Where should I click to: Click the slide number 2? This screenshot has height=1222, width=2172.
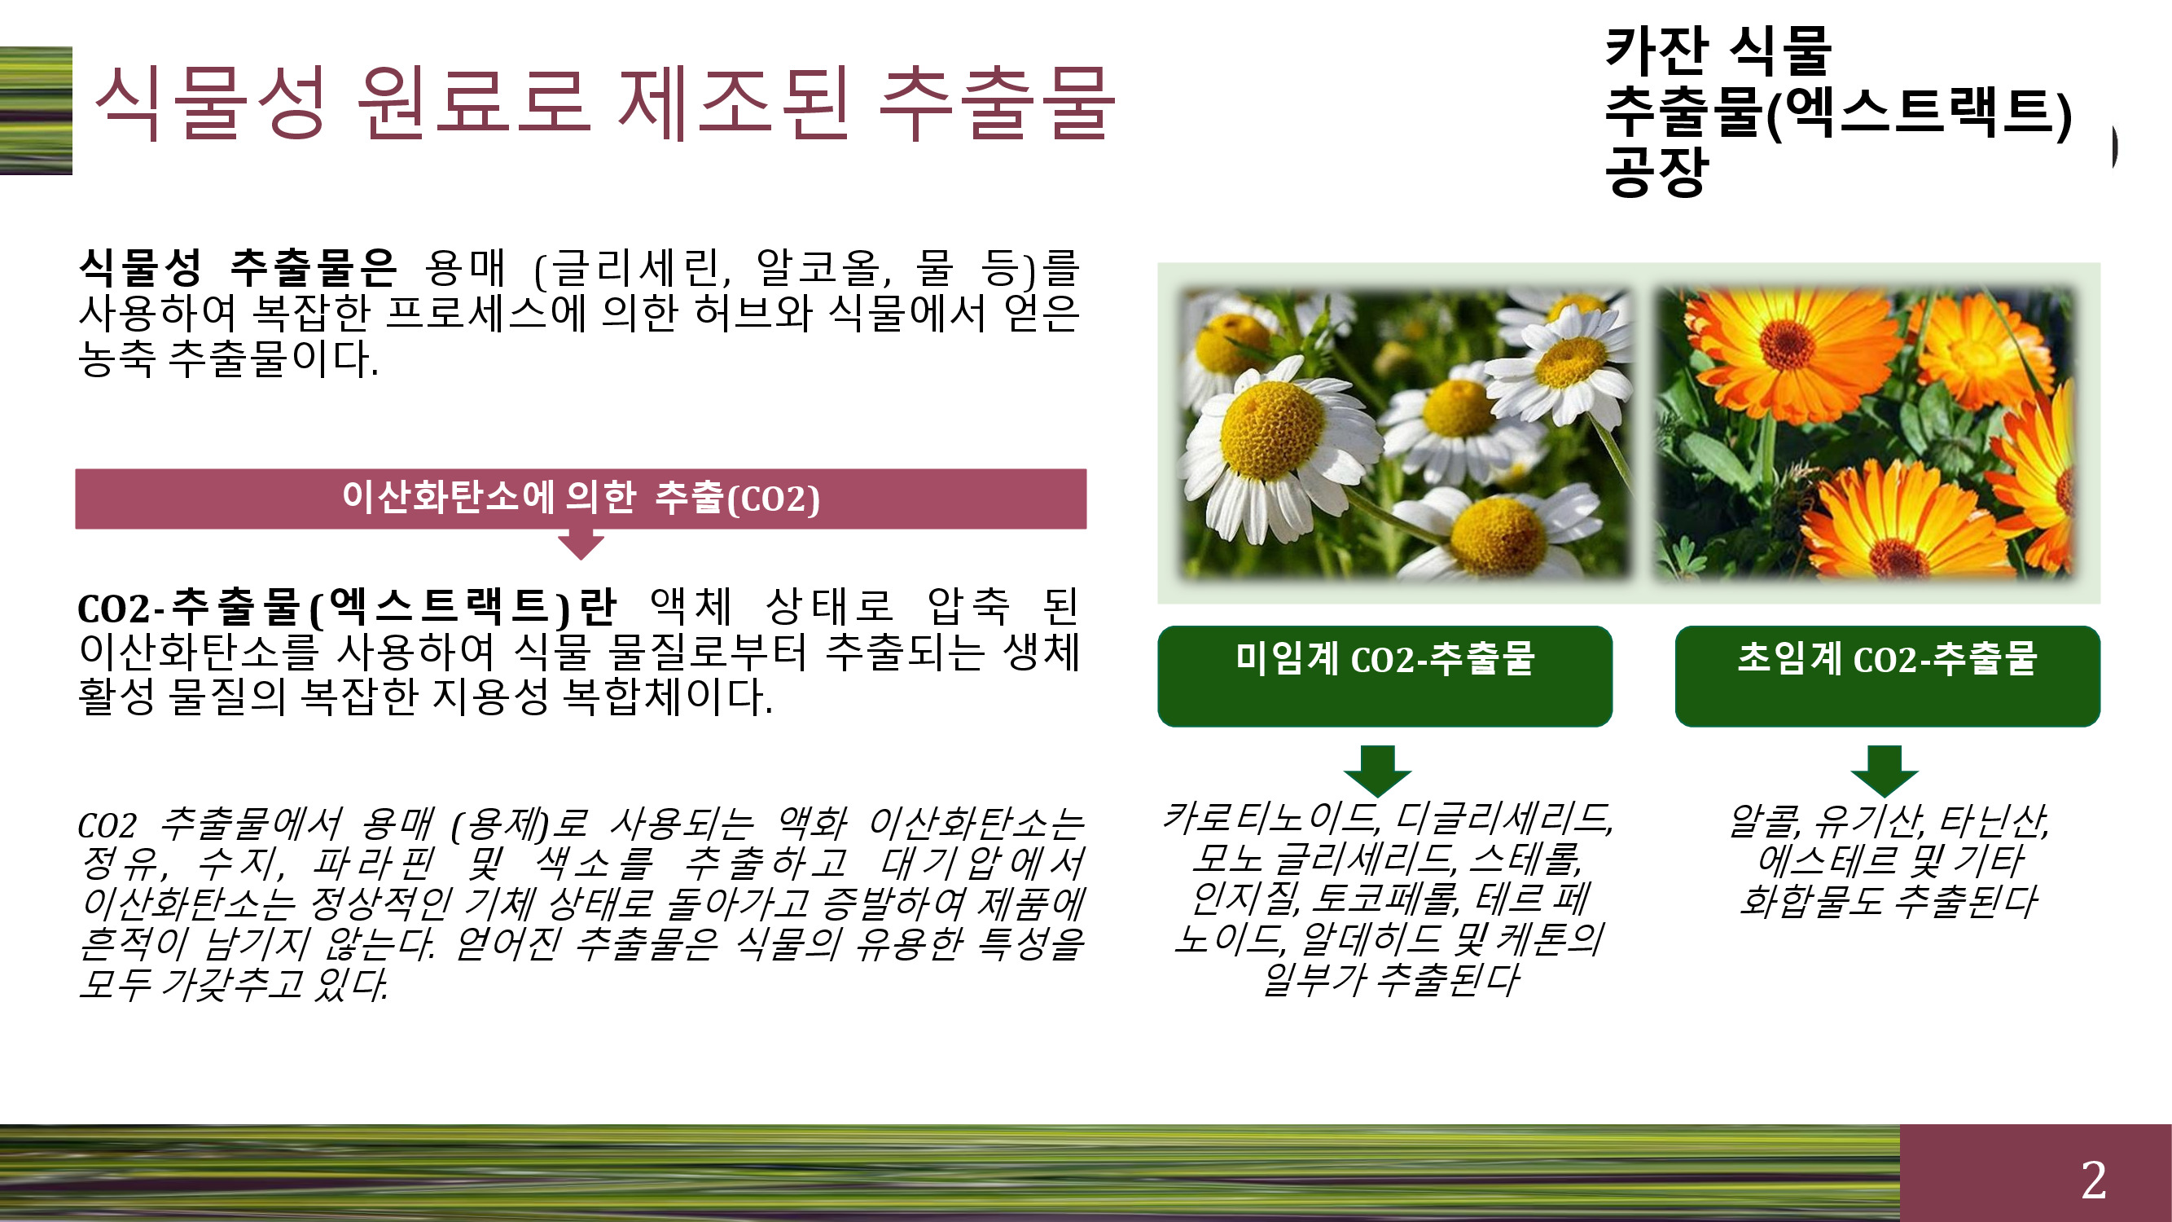click(x=2093, y=1179)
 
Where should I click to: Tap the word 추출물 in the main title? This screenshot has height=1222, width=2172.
click(x=997, y=103)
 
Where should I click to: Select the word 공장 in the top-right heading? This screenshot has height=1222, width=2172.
click(x=1656, y=171)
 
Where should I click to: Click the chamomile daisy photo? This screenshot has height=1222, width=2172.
click(x=1403, y=434)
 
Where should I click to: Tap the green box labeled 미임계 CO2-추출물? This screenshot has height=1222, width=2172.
click(x=1384, y=675)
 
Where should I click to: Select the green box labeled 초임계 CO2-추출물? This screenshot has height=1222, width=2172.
click(x=1887, y=675)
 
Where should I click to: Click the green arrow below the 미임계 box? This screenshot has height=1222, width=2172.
click(x=1378, y=770)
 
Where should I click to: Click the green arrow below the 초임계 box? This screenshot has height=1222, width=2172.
click(x=1885, y=770)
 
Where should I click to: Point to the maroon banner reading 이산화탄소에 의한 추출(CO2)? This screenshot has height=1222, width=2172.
click(x=581, y=499)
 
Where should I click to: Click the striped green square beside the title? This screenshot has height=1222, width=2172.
click(x=35, y=111)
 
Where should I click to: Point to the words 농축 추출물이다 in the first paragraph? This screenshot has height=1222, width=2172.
click(x=229, y=358)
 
